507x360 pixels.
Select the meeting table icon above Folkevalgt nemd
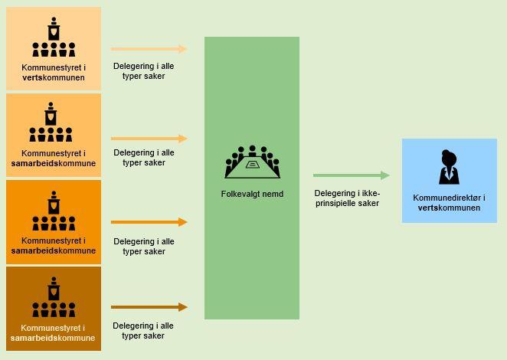(x=252, y=162)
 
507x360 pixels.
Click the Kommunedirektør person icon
(x=448, y=168)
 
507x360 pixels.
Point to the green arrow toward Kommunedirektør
(x=351, y=175)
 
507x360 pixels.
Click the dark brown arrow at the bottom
(x=149, y=307)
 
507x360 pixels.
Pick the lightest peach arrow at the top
(x=149, y=49)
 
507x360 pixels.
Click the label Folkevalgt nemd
(x=252, y=194)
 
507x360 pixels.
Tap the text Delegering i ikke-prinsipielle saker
(x=346, y=198)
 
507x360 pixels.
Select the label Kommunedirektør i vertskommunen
(x=449, y=203)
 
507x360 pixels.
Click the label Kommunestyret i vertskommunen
(x=53, y=73)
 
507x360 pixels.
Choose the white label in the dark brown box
(x=53, y=333)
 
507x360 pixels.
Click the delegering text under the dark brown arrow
(x=143, y=331)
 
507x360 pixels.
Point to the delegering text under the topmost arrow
(x=143, y=70)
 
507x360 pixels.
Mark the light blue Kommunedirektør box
(x=449, y=181)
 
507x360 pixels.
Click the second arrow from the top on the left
(x=149, y=139)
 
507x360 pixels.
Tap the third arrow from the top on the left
(x=149, y=222)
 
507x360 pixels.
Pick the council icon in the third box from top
(x=53, y=211)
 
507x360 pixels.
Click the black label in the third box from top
(x=53, y=245)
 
